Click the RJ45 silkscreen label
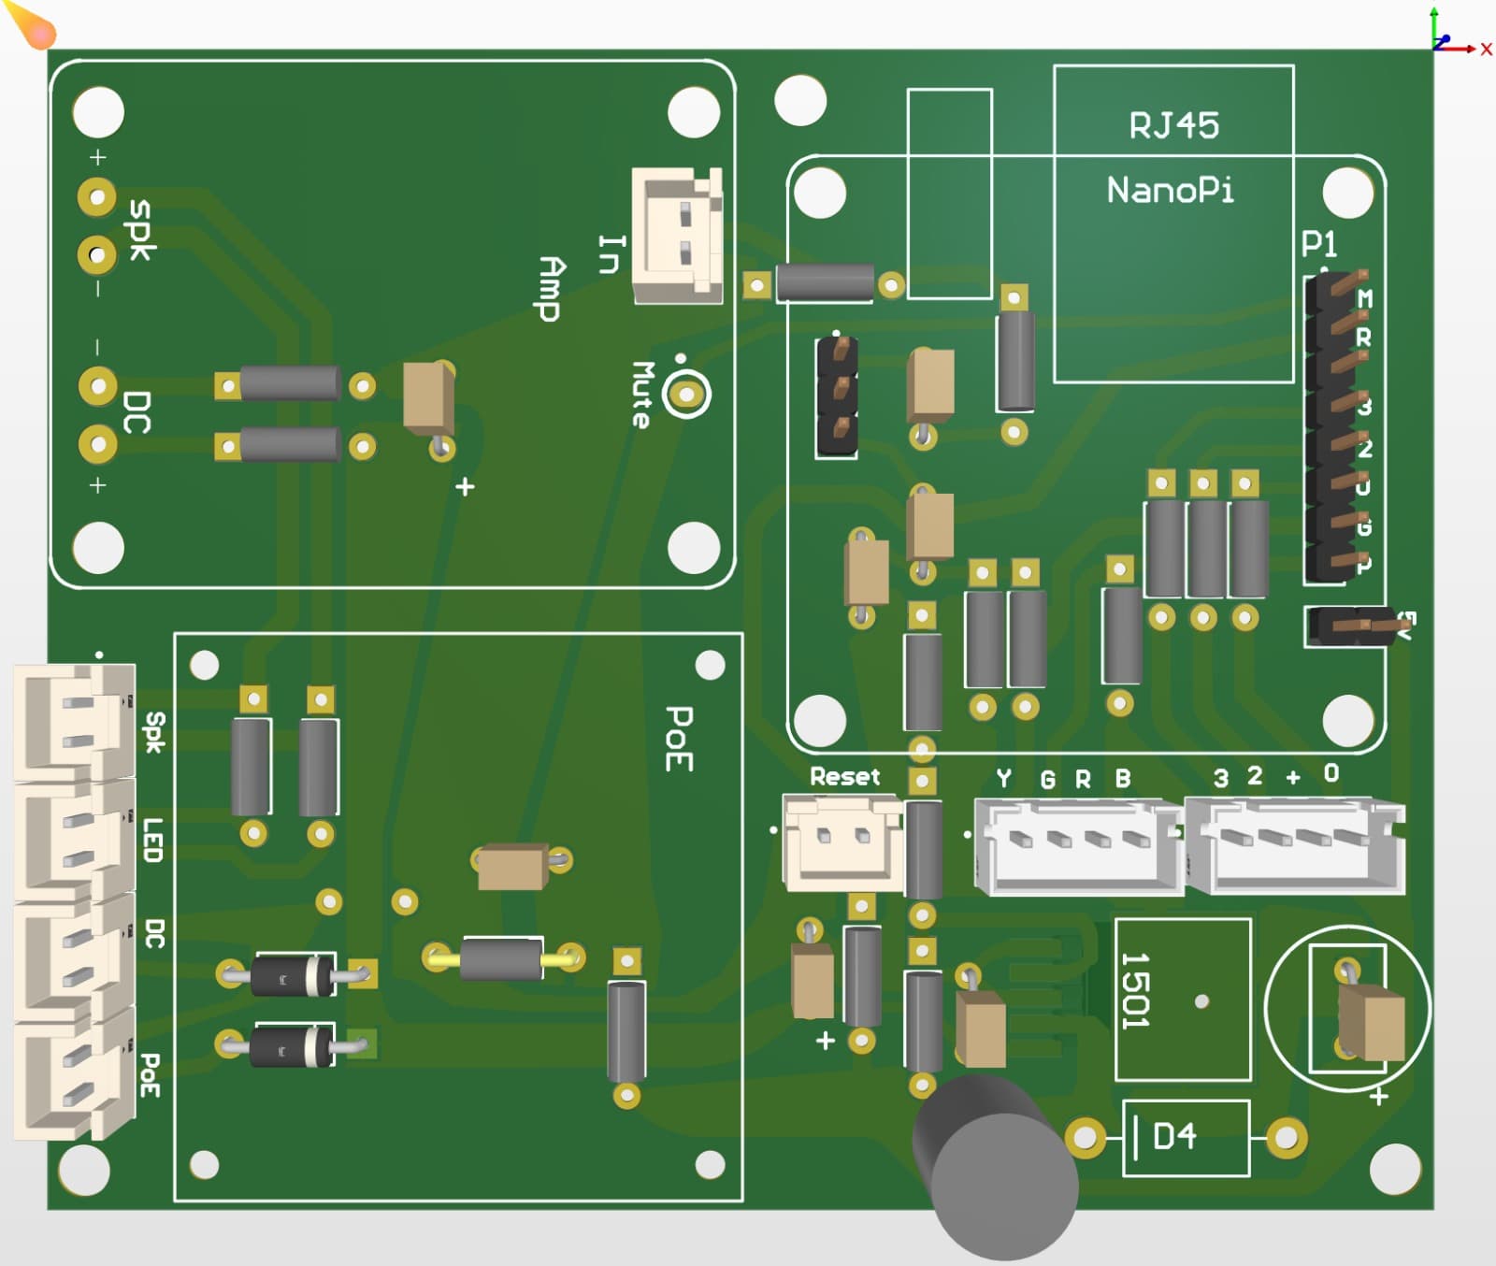pyautogui.click(x=1173, y=125)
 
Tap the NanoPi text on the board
pyautogui.click(x=1170, y=191)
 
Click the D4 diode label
pyautogui.click(x=1174, y=1137)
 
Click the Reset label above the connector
pyautogui.click(x=844, y=777)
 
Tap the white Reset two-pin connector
pyautogui.click(x=841, y=842)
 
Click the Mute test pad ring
pyautogui.click(x=687, y=395)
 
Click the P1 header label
pyautogui.click(x=1318, y=244)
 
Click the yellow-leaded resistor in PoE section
pyautogui.click(x=502, y=958)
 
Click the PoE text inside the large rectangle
pyautogui.click(x=679, y=739)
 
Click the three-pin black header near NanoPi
pyautogui.click(x=838, y=396)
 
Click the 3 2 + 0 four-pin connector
pyautogui.click(x=1295, y=845)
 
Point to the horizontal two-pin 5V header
pyautogui.click(x=1356, y=626)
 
